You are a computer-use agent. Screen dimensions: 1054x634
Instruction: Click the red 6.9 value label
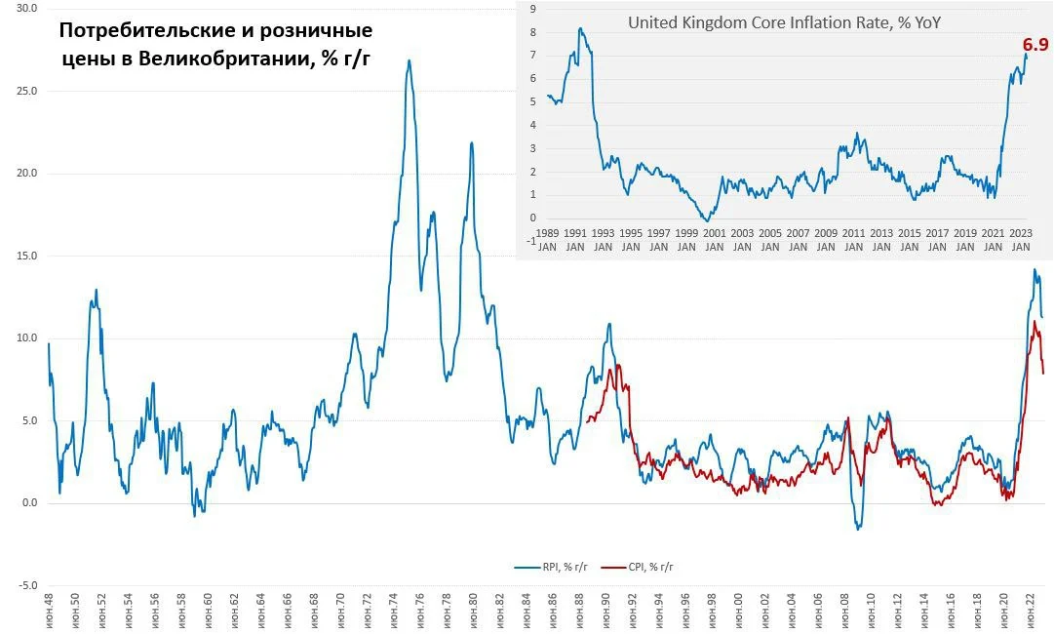click(1035, 44)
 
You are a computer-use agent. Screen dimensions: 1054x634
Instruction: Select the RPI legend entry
click(551, 567)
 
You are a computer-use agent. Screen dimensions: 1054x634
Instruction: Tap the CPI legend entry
click(638, 567)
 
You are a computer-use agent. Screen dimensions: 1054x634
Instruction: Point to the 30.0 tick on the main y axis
click(27, 9)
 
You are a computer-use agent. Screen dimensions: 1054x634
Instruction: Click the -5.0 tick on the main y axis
click(27, 585)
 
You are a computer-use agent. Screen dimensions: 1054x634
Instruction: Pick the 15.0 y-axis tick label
click(27, 257)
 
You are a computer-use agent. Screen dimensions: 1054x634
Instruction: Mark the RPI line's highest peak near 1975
click(409, 60)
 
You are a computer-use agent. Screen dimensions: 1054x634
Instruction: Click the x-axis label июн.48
click(49, 612)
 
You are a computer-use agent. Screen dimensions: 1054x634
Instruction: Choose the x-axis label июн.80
click(473, 612)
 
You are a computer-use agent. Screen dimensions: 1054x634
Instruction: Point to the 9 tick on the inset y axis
click(533, 9)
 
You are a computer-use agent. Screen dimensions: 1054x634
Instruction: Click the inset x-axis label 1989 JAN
click(547, 240)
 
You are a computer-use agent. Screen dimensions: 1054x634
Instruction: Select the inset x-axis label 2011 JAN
click(854, 240)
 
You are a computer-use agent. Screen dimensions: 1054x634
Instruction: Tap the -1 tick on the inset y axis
click(531, 241)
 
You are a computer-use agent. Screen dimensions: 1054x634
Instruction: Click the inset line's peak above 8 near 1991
click(580, 29)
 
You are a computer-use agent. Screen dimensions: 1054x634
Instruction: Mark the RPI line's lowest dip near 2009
click(858, 529)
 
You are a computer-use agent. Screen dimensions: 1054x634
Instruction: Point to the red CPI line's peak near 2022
click(1034, 322)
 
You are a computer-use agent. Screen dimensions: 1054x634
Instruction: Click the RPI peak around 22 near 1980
click(472, 142)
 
